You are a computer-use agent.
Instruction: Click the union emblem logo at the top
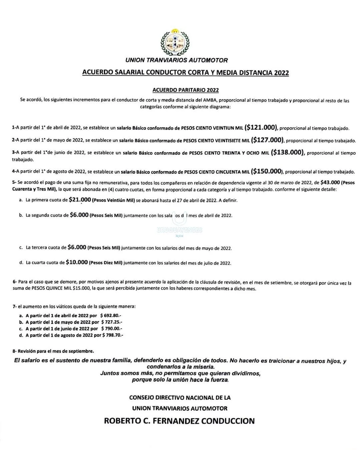tap(175, 42)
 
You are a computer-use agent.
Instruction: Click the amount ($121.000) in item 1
tap(261, 127)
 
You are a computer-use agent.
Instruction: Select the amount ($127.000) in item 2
tap(267, 140)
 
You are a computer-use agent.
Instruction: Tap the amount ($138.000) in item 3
tap(287, 152)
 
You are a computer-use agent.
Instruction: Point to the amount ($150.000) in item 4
tap(267, 171)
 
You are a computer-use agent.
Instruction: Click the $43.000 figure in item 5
tap(330, 182)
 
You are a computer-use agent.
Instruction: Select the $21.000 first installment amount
tap(80, 200)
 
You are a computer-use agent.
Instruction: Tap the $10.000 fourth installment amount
tap(77, 262)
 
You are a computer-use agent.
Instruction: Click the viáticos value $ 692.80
tap(111, 315)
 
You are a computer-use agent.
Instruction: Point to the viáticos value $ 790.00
tap(112, 329)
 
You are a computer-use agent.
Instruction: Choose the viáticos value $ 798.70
tap(113, 335)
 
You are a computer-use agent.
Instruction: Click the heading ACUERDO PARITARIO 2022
tap(185, 90)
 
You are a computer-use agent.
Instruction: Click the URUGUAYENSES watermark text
tap(180, 230)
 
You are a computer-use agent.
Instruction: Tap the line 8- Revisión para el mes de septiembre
tap(53, 351)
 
